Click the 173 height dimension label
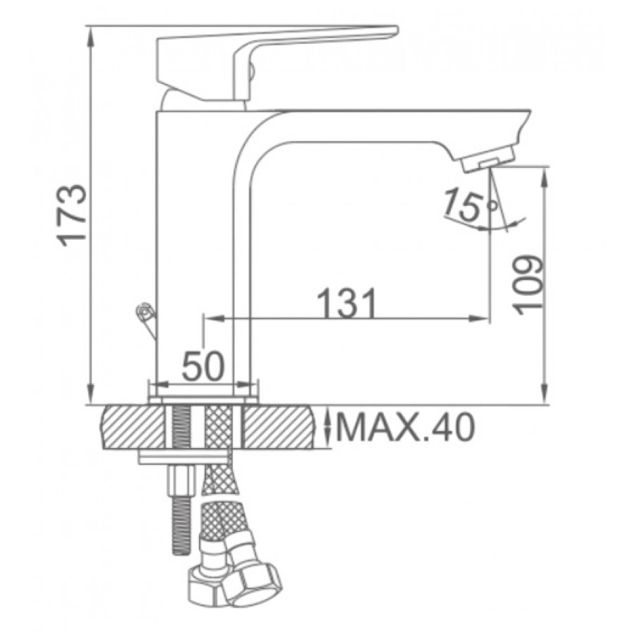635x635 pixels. coord(72,214)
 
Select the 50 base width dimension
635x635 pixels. coord(202,365)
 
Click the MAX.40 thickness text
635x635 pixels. coord(405,428)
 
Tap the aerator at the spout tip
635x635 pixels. coord(488,159)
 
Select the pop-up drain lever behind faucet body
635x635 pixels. coord(147,320)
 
